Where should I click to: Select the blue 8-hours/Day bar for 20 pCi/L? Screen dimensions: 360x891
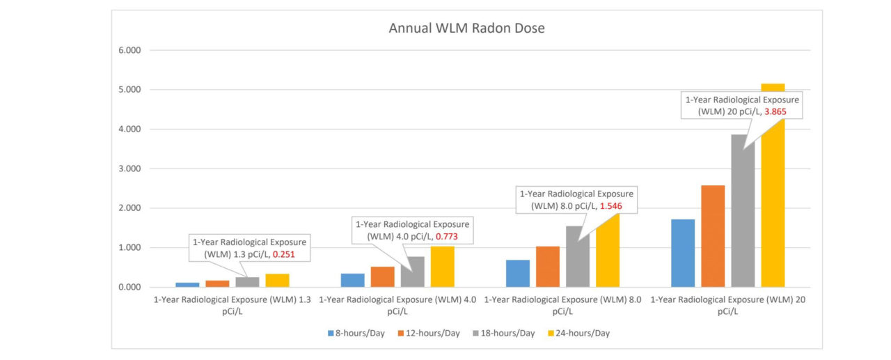coord(683,253)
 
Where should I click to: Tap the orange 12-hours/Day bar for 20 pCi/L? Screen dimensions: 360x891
coord(713,236)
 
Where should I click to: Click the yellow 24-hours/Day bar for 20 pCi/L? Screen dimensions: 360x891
coord(773,195)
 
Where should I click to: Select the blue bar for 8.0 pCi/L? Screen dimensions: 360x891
coord(518,273)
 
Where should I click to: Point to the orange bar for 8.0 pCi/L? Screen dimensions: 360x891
coord(548,267)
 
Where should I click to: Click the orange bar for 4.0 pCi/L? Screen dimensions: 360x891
coord(382,276)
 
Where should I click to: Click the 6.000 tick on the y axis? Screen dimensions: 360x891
coord(130,50)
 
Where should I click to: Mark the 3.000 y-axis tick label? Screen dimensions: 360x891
coord(130,169)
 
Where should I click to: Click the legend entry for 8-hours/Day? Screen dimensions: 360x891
coord(356,334)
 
